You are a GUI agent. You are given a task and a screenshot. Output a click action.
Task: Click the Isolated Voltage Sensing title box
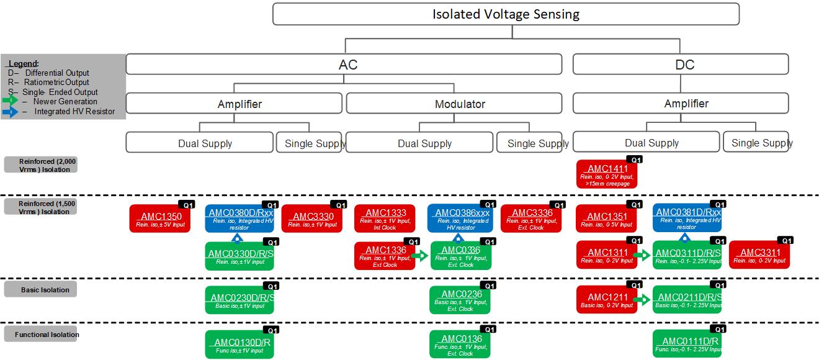point(506,14)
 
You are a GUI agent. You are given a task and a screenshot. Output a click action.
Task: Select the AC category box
point(344,65)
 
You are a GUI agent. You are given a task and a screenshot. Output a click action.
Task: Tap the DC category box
point(681,65)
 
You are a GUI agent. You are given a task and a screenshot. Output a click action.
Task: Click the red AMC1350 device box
point(160,219)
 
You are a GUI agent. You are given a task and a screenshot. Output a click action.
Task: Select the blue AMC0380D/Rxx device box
point(239,218)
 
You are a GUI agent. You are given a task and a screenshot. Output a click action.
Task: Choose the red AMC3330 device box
point(312,219)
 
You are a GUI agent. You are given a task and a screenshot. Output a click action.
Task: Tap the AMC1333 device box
point(385,219)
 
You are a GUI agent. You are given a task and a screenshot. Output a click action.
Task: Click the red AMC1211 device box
point(606,300)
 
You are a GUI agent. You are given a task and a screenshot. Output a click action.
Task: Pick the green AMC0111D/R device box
point(686,344)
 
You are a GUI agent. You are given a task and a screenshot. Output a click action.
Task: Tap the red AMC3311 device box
point(759,256)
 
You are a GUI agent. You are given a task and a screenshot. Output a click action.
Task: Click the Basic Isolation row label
point(40,289)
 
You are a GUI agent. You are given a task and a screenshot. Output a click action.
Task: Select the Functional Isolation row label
point(41,335)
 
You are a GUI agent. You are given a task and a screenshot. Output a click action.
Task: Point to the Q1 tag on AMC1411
point(633,160)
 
